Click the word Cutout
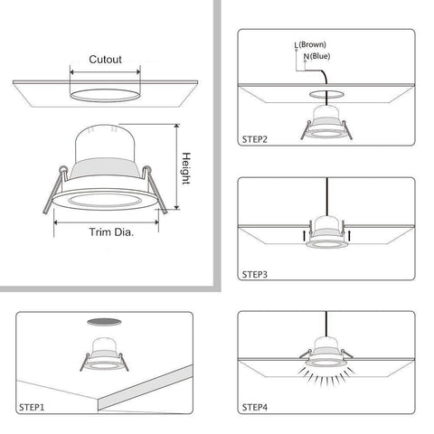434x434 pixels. (106, 60)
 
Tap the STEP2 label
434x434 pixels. (258, 140)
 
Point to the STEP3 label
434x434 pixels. (258, 270)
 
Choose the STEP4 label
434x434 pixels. (258, 406)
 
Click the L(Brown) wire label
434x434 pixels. (312, 44)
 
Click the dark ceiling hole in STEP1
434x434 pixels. (106, 322)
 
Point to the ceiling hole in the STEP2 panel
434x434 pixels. (324, 92)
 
